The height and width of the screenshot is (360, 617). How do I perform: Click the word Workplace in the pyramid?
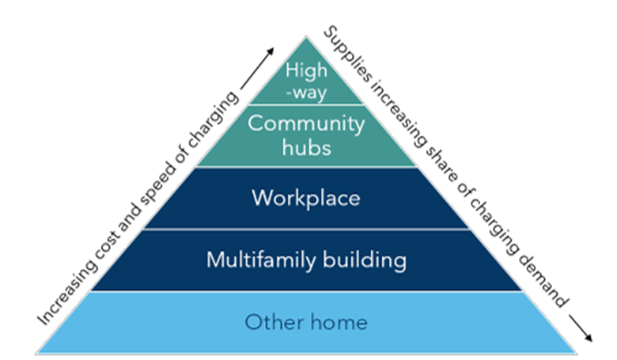coord(305,198)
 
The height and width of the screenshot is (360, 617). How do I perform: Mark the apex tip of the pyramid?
coord(305,36)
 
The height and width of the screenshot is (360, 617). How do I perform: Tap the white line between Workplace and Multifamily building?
coord(305,229)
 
